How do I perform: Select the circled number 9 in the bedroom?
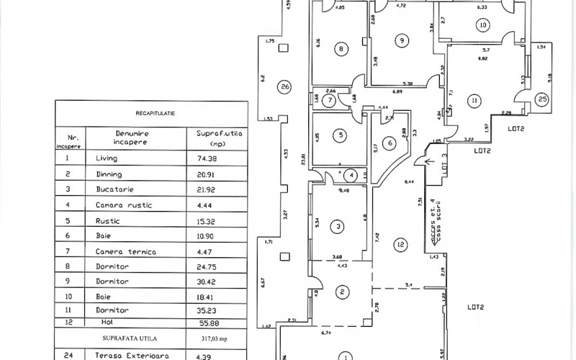[x=401, y=40]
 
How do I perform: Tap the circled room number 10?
[x=482, y=25]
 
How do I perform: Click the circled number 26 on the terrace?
[x=285, y=87]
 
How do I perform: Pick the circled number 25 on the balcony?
[x=542, y=99]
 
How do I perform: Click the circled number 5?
[x=343, y=135]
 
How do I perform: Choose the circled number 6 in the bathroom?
[x=390, y=143]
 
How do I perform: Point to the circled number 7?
[x=329, y=100]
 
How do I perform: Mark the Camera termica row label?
[x=125, y=252]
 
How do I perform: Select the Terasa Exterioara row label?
[x=127, y=354]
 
